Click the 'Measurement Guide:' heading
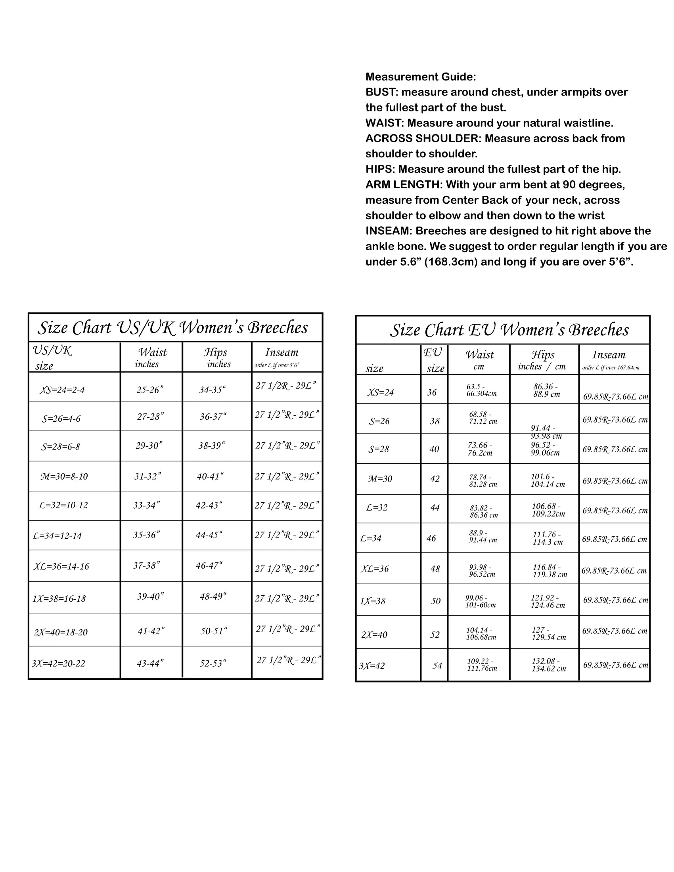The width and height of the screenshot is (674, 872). pyautogui.click(x=420, y=76)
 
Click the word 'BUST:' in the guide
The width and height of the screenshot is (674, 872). pyautogui.click(x=382, y=92)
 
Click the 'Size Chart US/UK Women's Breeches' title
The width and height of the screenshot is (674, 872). pyautogui.click(x=173, y=328)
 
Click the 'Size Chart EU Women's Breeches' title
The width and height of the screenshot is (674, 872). pyautogui.click(x=509, y=330)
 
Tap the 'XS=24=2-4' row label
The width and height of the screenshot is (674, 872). pyautogui.click(x=62, y=390)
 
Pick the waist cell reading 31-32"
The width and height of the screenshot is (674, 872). pyautogui.click(x=147, y=476)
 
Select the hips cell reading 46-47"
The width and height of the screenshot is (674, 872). pyautogui.click(x=209, y=565)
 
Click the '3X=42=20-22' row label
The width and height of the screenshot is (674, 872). pyautogui.click(x=58, y=664)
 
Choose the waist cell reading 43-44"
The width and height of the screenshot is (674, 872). pyautogui.click(x=150, y=664)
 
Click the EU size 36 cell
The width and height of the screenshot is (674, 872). pyautogui.click(x=432, y=392)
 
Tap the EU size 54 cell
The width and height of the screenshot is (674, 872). pyautogui.click(x=437, y=666)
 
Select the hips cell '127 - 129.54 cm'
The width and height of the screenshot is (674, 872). pyautogui.click(x=548, y=634)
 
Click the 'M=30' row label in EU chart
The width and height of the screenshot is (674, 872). pyautogui.click(x=380, y=479)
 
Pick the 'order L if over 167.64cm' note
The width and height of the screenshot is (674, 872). pyautogui.click(x=611, y=368)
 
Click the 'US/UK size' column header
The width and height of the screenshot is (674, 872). pyautogui.click(x=52, y=358)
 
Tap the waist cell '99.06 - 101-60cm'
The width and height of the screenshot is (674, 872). pyautogui.click(x=481, y=601)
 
